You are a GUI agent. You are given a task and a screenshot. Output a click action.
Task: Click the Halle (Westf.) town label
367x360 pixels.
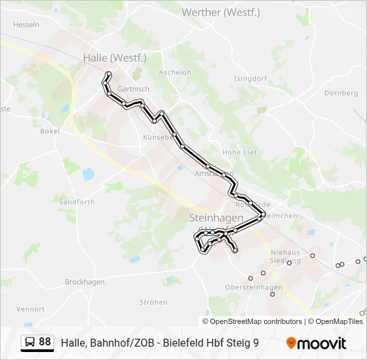click(114, 58)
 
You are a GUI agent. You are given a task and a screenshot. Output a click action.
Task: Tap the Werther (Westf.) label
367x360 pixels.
click(221, 13)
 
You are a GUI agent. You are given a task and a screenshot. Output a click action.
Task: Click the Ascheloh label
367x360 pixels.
click(175, 73)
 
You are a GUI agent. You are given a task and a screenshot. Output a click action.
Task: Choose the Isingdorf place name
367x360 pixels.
click(250, 78)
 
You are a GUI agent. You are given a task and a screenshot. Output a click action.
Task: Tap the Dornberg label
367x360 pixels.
click(341, 93)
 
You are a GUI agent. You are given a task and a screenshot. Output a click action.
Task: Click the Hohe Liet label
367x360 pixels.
click(240, 152)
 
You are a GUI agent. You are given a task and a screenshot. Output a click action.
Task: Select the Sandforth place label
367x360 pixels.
click(77, 201)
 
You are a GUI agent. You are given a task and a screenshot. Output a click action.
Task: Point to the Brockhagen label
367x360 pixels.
click(85, 282)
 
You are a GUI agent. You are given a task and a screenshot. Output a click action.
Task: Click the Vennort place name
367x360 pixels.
click(31, 309)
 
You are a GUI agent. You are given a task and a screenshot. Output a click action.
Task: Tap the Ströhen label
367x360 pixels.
click(153, 302)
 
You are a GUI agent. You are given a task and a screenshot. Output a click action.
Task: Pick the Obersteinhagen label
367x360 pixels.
click(254, 287)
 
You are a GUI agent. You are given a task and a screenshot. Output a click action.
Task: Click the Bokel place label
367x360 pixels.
click(50, 131)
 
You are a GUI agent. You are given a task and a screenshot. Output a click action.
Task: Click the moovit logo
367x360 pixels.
click(316, 343)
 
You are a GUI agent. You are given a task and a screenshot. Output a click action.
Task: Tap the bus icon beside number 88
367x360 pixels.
click(30, 343)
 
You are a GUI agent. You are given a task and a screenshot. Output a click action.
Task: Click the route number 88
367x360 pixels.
click(45, 343)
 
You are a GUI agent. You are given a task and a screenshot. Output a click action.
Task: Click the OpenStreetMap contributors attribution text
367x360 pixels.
click(256, 321)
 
